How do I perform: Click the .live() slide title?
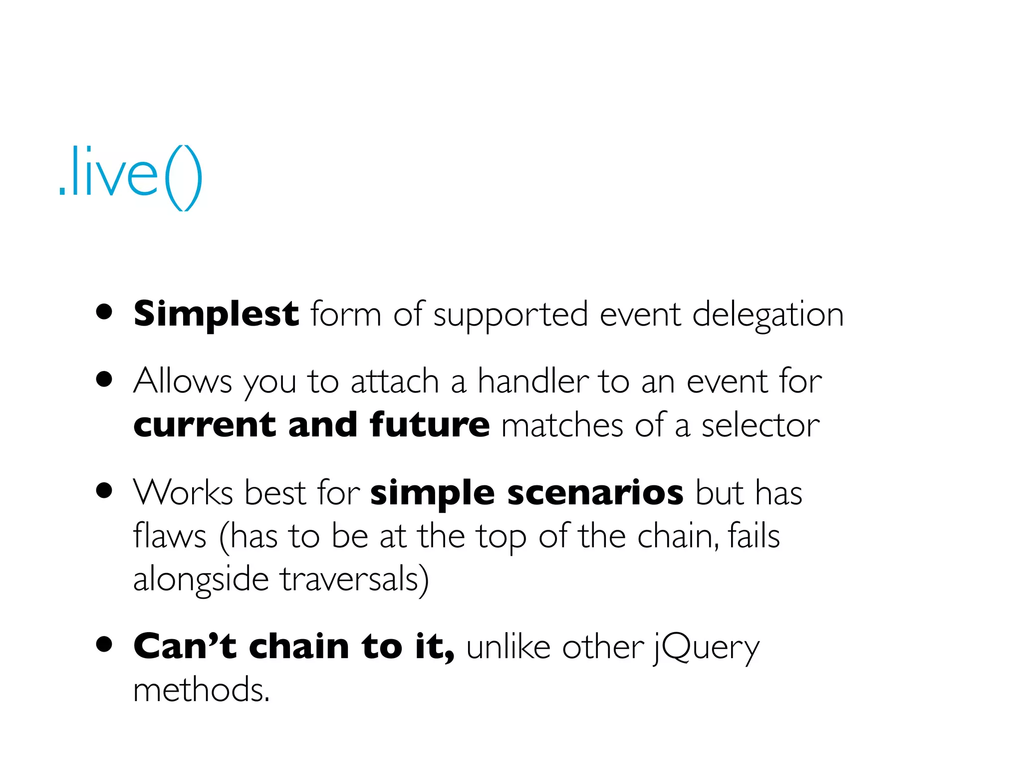tap(131, 177)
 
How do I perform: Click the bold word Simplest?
tap(216, 315)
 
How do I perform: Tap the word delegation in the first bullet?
tap(767, 316)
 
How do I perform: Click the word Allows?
tap(183, 382)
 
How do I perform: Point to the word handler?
tap(532, 382)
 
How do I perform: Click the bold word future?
tap(430, 425)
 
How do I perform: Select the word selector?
tap(760, 426)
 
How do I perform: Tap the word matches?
tap(562, 426)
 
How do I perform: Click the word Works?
tap(183, 493)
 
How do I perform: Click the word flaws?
tap(170, 536)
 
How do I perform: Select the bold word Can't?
tap(185, 647)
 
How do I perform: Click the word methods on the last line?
tap(201, 690)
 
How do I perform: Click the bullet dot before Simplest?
tap(104, 312)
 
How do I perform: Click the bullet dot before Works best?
tap(104, 490)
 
